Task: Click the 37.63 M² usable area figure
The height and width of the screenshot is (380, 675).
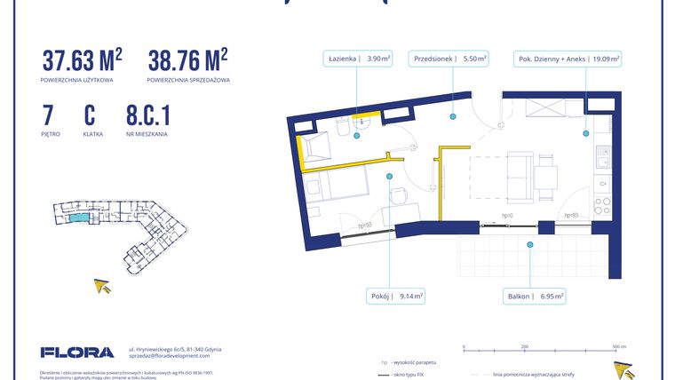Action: click(82, 59)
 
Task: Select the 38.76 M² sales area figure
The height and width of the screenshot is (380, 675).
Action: click(187, 59)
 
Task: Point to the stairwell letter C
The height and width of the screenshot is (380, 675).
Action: click(90, 115)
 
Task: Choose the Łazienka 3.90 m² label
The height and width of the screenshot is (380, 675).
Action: click(356, 59)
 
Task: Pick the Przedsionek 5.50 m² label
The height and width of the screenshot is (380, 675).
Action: click(449, 59)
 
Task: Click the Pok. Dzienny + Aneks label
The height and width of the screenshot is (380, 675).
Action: click(568, 59)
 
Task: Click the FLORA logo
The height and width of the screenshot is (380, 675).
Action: click(77, 352)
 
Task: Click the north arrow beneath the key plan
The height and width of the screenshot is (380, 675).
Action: click(104, 286)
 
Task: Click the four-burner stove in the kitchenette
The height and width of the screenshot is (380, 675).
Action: click(603, 206)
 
